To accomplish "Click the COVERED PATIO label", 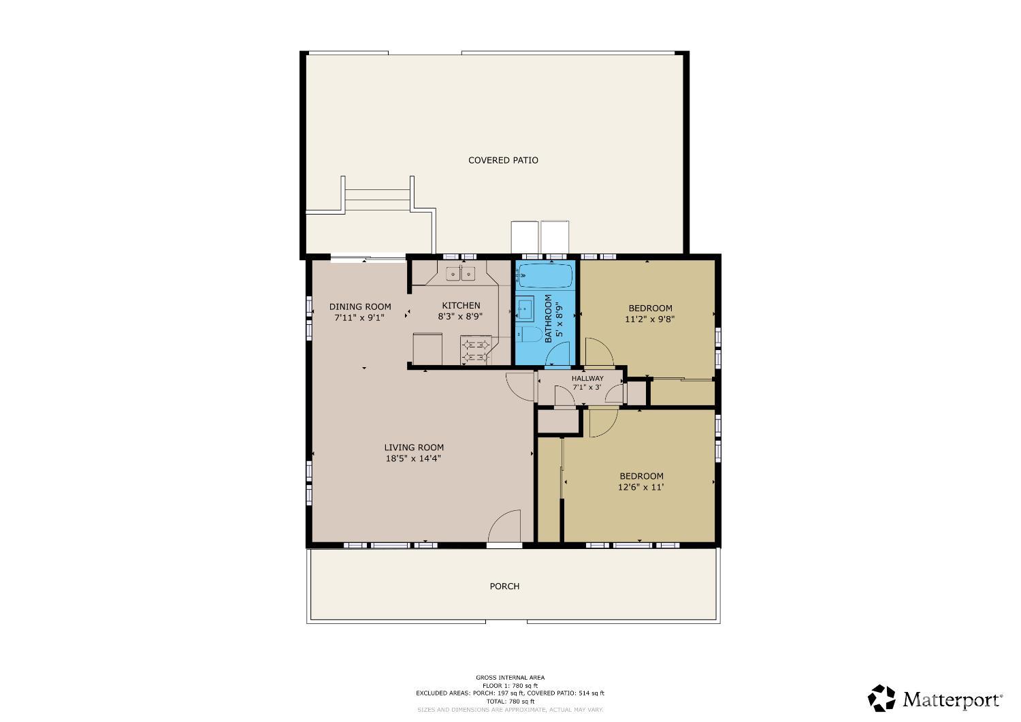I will pyautogui.click(x=503, y=160).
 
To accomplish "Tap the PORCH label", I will pyautogui.click(x=504, y=586).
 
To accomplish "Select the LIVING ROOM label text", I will pyautogui.click(x=414, y=448).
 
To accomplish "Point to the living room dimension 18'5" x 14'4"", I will pyautogui.click(x=414, y=458).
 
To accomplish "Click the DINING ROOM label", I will pyautogui.click(x=360, y=307).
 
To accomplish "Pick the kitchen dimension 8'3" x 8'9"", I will pyautogui.click(x=461, y=317).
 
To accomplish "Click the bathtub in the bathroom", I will pyautogui.click(x=545, y=277).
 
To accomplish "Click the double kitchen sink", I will pyautogui.click(x=461, y=274).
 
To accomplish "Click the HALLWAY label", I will pyautogui.click(x=587, y=379).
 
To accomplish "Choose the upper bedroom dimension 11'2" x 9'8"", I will pyautogui.click(x=650, y=319).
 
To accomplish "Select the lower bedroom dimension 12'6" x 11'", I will pyautogui.click(x=641, y=487).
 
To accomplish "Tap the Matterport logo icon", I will pyautogui.click(x=882, y=698).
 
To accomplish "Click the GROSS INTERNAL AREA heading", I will pyautogui.click(x=510, y=678).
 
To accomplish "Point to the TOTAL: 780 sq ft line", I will pyautogui.click(x=510, y=702).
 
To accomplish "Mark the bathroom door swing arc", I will pyautogui.click(x=558, y=354).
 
